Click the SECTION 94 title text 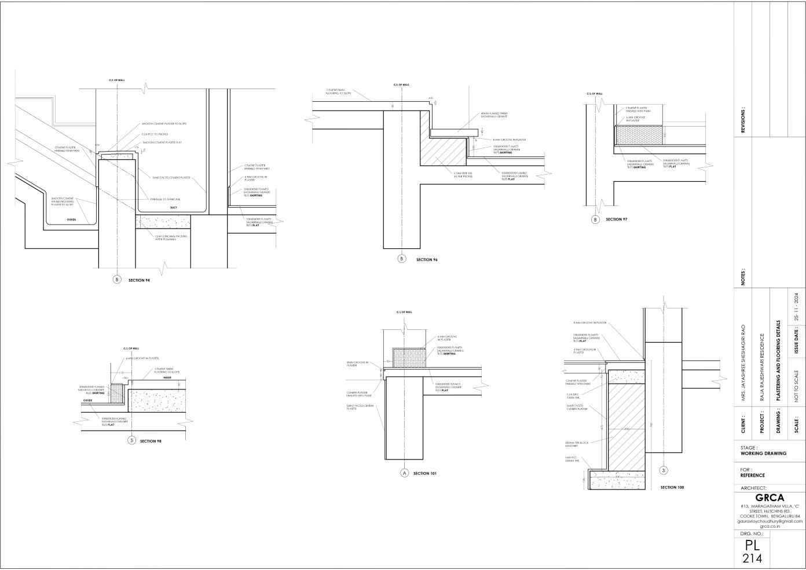click(139, 280)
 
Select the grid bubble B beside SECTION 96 click(402, 259)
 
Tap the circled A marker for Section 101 click(405, 473)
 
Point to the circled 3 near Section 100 click(664, 470)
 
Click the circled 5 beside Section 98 click(131, 440)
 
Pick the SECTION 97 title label click(616, 219)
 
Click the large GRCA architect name click(770, 498)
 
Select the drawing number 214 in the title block click(752, 558)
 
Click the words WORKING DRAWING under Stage click(763, 454)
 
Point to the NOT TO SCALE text click(797, 386)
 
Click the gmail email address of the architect click(770, 521)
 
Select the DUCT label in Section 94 click(173, 207)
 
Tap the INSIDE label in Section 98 click(167, 377)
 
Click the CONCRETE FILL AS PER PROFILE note click(463, 174)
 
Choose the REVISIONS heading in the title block click(743, 120)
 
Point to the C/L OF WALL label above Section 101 click(404, 312)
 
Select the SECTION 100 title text click(672, 487)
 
